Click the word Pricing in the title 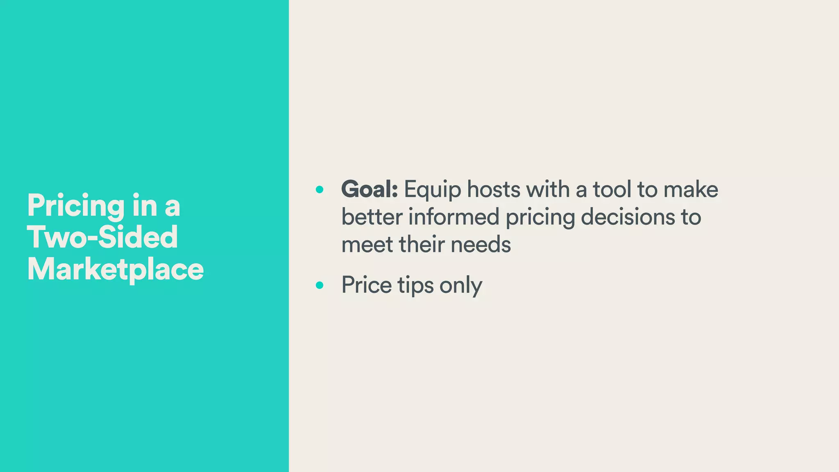[76, 206]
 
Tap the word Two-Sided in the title [102, 237]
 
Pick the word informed [454, 217]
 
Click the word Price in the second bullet [367, 285]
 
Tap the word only [461, 286]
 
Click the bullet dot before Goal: [320, 190]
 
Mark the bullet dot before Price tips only [320, 285]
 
